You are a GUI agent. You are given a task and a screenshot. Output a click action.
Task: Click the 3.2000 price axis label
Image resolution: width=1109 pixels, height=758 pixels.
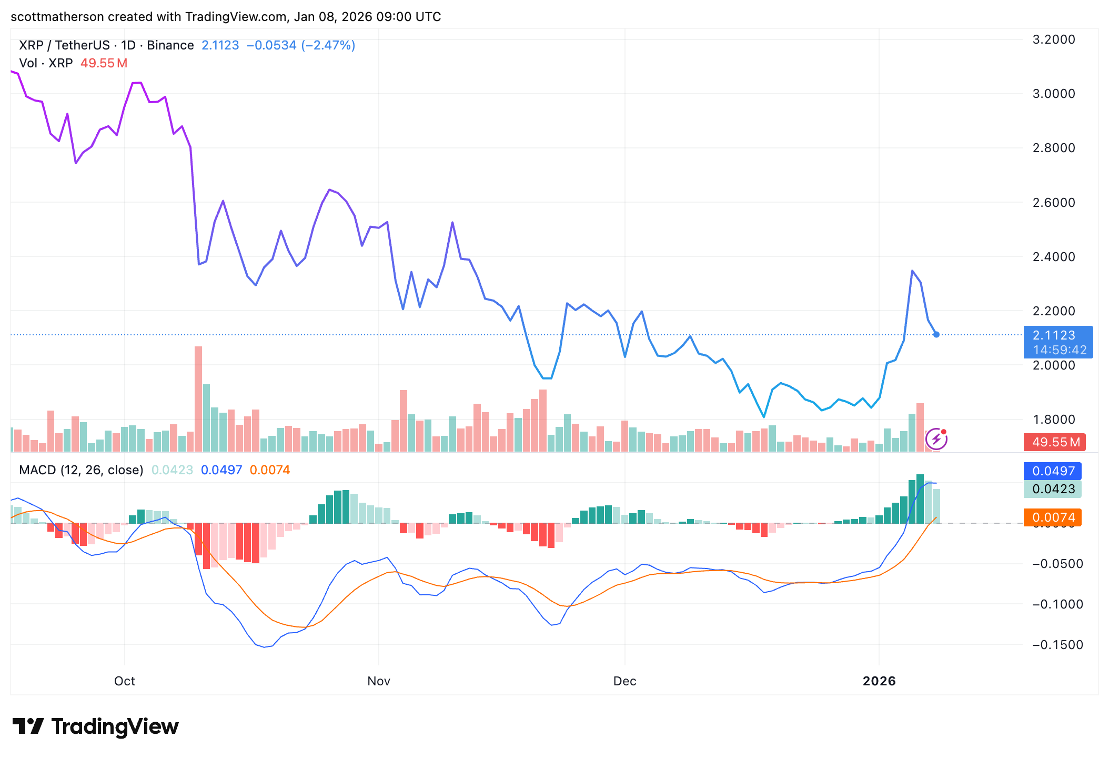(1054, 39)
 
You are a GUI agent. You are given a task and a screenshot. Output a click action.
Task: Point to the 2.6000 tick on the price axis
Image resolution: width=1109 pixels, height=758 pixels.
(1054, 203)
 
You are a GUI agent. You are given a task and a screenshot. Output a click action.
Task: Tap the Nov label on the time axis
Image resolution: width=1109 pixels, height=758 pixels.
(379, 681)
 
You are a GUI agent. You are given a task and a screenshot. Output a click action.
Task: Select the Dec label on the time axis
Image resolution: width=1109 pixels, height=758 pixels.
(624, 681)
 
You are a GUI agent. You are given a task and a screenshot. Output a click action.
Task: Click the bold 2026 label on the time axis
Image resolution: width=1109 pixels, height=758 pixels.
(879, 681)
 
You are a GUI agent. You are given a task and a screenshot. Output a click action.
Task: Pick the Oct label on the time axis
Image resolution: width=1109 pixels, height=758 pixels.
(125, 681)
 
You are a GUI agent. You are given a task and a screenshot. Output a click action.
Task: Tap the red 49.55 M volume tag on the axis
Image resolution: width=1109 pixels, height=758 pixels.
(1055, 442)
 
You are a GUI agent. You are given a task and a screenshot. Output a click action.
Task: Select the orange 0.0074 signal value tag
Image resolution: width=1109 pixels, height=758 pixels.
(1053, 517)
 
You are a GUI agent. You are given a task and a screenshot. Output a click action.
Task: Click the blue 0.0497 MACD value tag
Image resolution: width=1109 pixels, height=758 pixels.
(1053, 471)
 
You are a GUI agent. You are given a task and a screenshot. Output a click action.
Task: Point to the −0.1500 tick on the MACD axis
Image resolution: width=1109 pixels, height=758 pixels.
(1057, 645)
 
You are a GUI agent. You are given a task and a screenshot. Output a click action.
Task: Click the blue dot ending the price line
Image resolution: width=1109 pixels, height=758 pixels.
(936, 334)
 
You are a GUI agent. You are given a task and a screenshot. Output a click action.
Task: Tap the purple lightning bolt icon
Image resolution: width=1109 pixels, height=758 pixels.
(936, 439)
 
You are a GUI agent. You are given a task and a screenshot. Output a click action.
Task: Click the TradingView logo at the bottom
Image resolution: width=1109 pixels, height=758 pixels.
(96, 726)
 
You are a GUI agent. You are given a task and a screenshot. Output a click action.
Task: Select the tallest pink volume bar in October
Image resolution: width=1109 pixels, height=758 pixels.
(198, 399)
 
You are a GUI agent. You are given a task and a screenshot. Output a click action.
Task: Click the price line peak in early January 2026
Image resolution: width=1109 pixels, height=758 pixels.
(912, 271)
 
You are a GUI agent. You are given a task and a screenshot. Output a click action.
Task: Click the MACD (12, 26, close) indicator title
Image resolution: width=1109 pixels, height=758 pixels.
(81, 470)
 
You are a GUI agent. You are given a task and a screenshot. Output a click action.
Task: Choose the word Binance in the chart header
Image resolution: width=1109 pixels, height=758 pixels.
(170, 45)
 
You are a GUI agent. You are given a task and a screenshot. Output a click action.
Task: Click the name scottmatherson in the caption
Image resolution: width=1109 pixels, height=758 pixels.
(57, 17)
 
